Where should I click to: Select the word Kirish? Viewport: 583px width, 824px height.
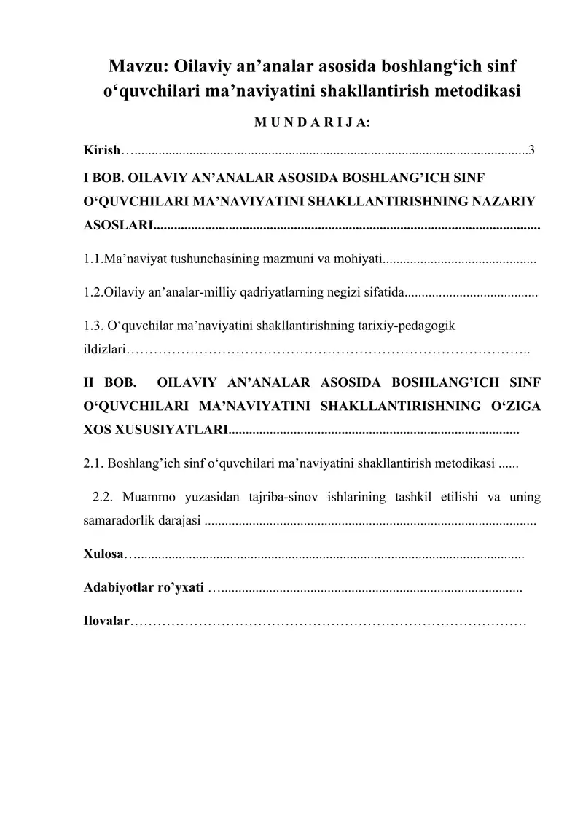(101, 151)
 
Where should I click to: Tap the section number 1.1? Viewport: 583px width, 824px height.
(93, 259)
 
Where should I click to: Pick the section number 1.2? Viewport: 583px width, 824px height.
(93, 294)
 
